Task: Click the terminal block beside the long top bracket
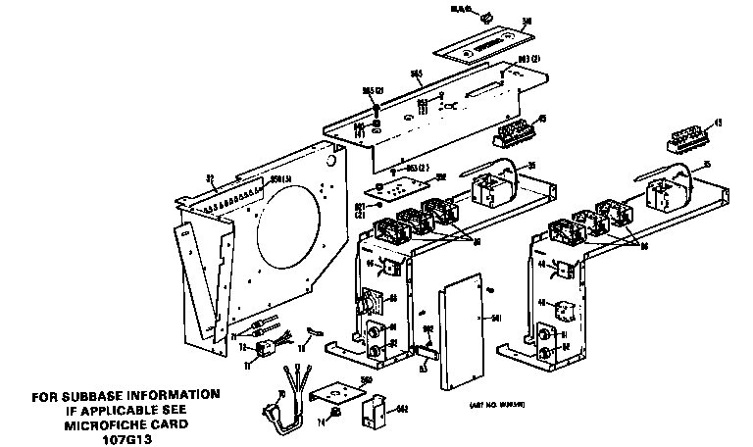pyautogui.click(x=517, y=131)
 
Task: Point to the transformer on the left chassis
pyautogui.click(x=488, y=188)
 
